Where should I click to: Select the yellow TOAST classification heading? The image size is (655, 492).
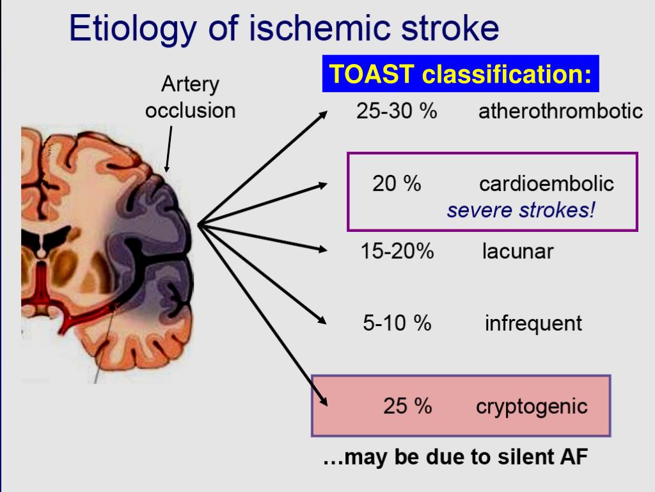[x=460, y=74]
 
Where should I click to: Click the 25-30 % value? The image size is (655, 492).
[x=397, y=111]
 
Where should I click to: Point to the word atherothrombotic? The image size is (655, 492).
[x=560, y=111]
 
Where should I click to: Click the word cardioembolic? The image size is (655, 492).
[x=546, y=184]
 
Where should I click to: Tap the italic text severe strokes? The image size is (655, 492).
[x=521, y=209]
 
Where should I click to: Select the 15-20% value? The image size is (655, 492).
[x=397, y=251]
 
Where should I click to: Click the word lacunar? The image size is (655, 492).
[x=517, y=251]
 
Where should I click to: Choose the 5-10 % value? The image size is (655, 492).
[x=397, y=323]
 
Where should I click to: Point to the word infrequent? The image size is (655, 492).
[x=533, y=323]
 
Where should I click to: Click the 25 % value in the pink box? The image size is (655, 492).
[x=407, y=406]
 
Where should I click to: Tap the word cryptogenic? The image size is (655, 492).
[x=532, y=406]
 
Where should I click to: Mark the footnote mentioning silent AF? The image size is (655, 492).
[x=455, y=457]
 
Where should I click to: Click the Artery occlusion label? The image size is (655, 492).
[x=190, y=97]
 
